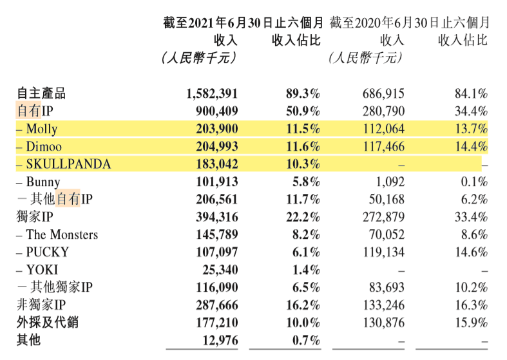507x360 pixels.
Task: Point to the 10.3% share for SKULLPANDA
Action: click(x=302, y=164)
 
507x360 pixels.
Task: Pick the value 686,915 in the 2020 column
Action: click(x=382, y=93)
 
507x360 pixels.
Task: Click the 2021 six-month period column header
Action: click(x=243, y=23)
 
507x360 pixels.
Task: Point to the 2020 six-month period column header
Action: click(x=409, y=23)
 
